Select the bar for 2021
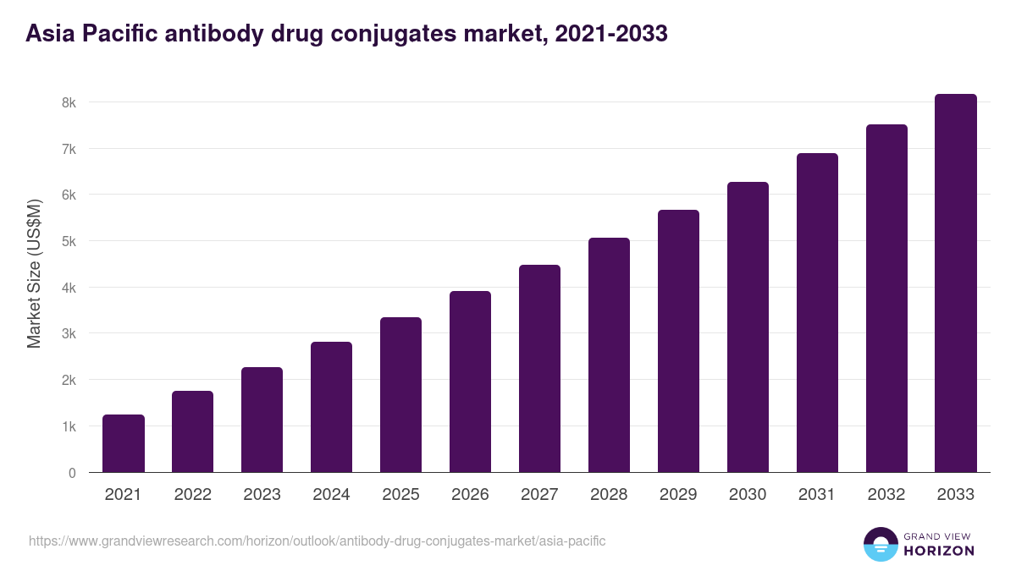(x=124, y=443)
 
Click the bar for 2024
(x=332, y=407)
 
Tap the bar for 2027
(x=539, y=369)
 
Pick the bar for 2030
(x=748, y=327)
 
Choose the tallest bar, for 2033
(x=956, y=283)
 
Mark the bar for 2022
(x=193, y=431)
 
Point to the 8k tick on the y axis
(x=68, y=102)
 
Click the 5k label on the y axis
(x=68, y=241)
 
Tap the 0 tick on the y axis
(x=72, y=473)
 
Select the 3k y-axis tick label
(x=68, y=333)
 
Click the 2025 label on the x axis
(x=401, y=495)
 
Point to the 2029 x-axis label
(x=678, y=495)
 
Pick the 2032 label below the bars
(x=886, y=495)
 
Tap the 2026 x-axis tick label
(x=470, y=495)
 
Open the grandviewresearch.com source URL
(x=317, y=541)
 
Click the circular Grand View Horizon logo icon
(x=880, y=544)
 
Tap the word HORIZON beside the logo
(x=939, y=551)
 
